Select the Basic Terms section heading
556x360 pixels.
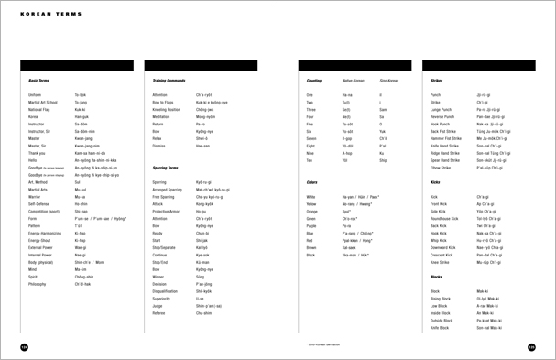coord(39,81)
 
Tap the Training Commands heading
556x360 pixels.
coord(169,81)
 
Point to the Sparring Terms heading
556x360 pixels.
coord(166,169)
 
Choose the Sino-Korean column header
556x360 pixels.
coord(389,81)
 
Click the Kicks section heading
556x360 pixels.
coord(435,182)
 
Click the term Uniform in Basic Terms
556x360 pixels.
coord(36,94)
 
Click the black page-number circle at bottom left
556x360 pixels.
coord(24,347)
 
